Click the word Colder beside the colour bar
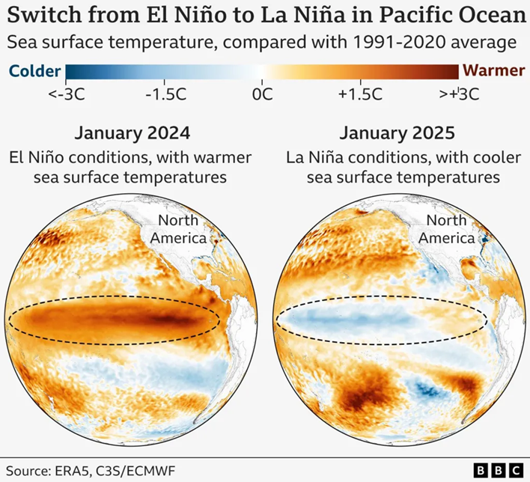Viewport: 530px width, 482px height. click(34, 71)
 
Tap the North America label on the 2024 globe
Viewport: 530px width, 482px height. click(180, 229)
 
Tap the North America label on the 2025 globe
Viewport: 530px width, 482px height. click(447, 229)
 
